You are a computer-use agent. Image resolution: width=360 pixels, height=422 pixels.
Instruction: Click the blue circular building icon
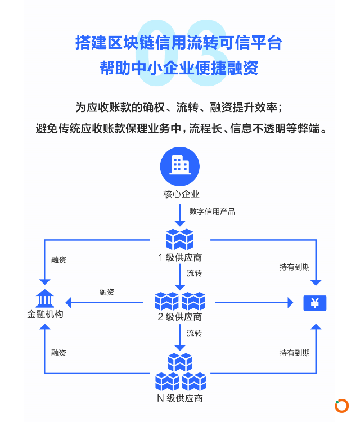pyautogui.click(x=180, y=167)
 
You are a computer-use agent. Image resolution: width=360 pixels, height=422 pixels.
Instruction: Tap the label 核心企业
pyautogui.click(x=181, y=194)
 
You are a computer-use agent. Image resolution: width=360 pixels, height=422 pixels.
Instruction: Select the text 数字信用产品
pyautogui.click(x=212, y=212)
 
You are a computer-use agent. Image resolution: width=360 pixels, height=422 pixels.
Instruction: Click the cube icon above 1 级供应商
pyautogui.click(x=180, y=239)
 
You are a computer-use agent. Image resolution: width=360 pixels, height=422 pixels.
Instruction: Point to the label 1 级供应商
pyautogui.click(x=180, y=258)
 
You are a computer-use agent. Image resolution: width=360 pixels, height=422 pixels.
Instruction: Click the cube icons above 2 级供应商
pyautogui.click(x=180, y=301)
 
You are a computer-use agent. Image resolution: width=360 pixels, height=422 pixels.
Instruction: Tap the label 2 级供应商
pyautogui.click(x=180, y=317)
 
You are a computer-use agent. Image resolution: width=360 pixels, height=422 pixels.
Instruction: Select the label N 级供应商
pyautogui.click(x=180, y=398)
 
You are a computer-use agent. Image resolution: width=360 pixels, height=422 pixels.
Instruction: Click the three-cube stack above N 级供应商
pyautogui.click(x=181, y=372)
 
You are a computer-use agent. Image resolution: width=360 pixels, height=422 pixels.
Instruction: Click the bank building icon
pyautogui.click(x=44, y=298)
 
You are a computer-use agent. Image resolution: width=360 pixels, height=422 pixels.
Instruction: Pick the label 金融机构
pyautogui.click(x=45, y=314)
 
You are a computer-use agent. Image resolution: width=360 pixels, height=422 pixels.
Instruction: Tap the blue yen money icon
pyautogui.click(x=315, y=303)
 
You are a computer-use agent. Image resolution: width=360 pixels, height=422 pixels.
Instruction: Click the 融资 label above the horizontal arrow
pyautogui.click(x=107, y=292)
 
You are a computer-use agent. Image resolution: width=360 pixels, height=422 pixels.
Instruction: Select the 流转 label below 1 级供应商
pyautogui.click(x=194, y=273)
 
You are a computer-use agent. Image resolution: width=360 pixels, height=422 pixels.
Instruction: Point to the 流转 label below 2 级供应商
pyautogui.click(x=194, y=334)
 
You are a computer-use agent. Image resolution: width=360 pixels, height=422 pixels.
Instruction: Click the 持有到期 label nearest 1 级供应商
pyautogui.click(x=294, y=267)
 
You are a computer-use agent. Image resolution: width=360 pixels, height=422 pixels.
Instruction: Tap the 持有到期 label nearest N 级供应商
pyautogui.click(x=294, y=353)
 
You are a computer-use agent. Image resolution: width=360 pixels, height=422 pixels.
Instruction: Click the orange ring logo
pyautogui.click(x=341, y=406)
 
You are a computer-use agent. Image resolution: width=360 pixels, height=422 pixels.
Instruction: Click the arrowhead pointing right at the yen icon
pyautogui.click(x=290, y=303)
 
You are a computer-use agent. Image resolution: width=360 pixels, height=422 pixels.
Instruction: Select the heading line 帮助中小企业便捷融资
pyautogui.click(x=179, y=68)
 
